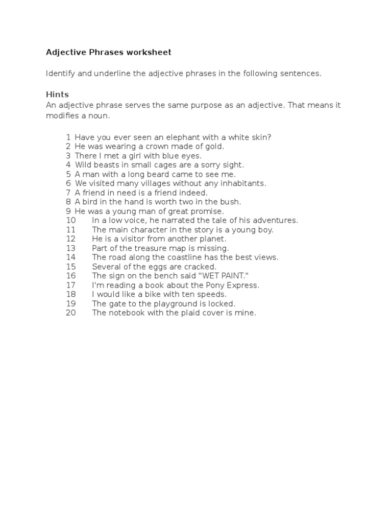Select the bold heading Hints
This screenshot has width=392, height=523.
[57, 95]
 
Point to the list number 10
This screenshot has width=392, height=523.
[70, 220]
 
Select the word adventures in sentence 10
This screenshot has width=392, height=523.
[277, 220]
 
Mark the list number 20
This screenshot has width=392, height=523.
[70, 313]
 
